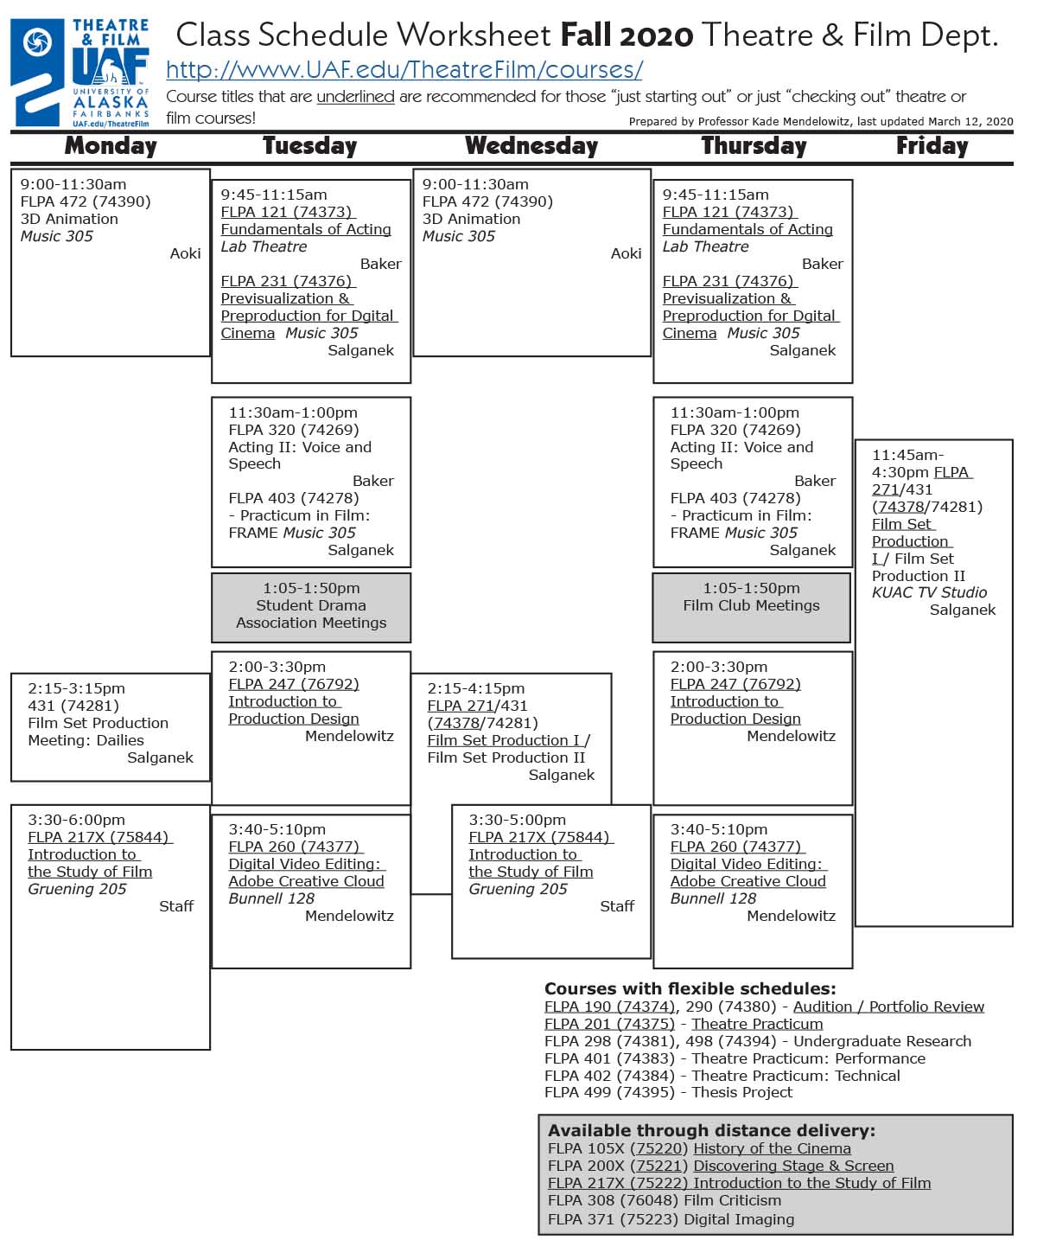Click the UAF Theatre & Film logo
tap(80, 74)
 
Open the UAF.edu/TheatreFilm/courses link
tap(404, 70)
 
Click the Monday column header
tap(111, 145)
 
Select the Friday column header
tap(932, 145)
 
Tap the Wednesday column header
tap(531, 145)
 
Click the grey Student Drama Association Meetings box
tap(311, 606)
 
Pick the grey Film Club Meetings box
tap(751, 606)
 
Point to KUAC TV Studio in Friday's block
tap(929, 592)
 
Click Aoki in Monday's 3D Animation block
tap(185, 253)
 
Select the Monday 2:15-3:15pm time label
tap(76, 688)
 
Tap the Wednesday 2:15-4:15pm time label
tap(476, 688)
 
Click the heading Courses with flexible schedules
tap(690, 988)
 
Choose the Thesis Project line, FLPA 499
tap(668, 1092)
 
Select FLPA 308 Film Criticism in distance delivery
tap(664, 1200)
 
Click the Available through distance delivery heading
tap(711, 1130)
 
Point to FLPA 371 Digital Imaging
tap(671, 1219)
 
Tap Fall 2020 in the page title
tap(627, 35)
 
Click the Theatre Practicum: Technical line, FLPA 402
tap(722, 1076)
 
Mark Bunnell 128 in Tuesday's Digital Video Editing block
tap(271, 898)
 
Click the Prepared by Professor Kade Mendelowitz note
tap(821, 122)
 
